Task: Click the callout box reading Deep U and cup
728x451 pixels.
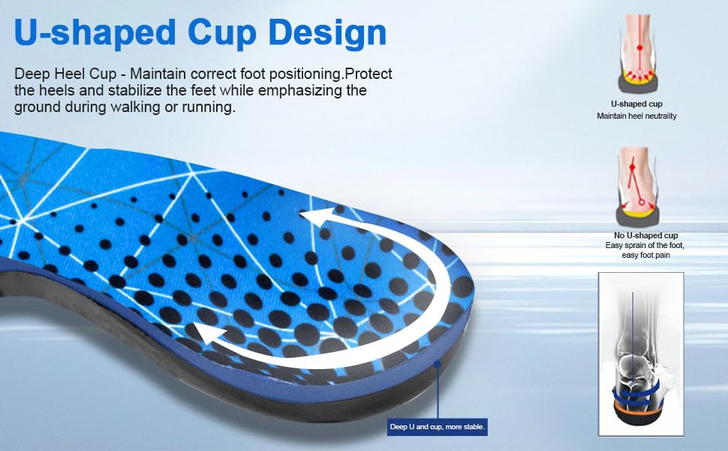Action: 438,427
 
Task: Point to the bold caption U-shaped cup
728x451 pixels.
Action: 636,104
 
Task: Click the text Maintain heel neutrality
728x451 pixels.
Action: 636,116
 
